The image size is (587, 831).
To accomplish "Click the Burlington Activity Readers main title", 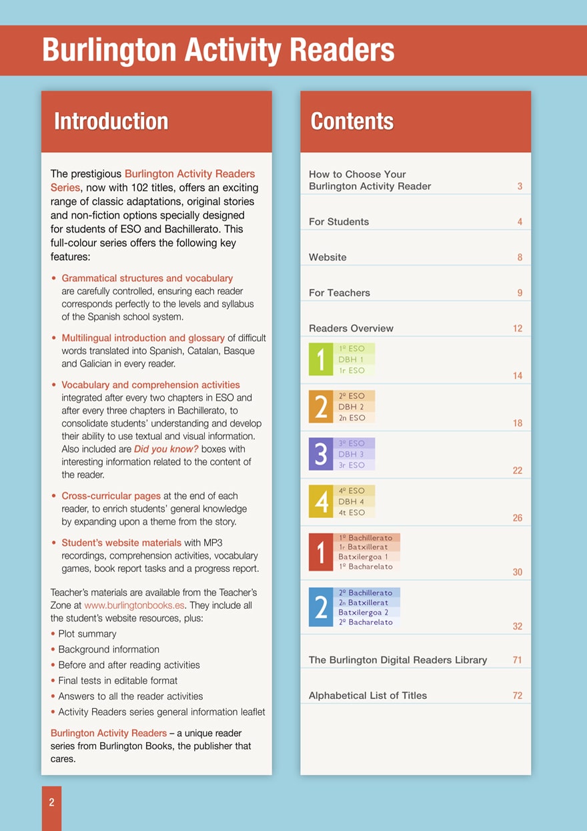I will coord(218,50).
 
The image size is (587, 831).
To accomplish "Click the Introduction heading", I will coord(111,121).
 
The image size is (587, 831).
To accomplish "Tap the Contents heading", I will coord(352,121).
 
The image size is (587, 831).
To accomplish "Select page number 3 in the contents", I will coord(520,187).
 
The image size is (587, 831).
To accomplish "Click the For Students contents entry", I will coord(339,222).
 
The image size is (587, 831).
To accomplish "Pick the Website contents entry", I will coord(328,257).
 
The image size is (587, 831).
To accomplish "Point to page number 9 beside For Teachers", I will coord(520,293).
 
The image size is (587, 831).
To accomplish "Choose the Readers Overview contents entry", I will coord(351,328).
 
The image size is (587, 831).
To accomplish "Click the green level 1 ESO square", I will coord(321,359).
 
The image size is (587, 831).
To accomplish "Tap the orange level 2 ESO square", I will coord(321,406).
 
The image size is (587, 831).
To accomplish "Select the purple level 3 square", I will coord(321,454).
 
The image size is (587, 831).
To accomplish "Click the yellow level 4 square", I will coord(321,501).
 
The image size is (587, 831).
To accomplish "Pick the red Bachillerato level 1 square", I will coord(321,552).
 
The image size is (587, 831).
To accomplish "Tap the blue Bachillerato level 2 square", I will coord(321,607).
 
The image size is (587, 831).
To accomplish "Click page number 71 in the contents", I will coord(518,660).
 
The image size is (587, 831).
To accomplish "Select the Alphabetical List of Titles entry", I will coord(368,696).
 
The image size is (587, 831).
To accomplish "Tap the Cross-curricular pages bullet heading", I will coord(111,496).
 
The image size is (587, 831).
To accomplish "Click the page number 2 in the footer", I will coord(51,803).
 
